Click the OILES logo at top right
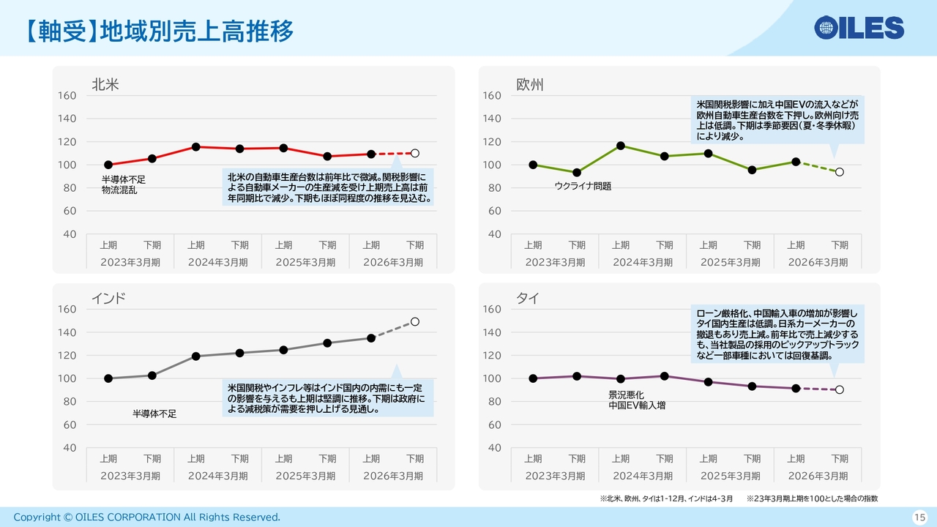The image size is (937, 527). pos(859,28)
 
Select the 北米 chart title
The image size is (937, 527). pos(105,85)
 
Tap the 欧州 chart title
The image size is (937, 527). pos(530,85)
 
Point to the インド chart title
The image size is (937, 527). pos(108,298)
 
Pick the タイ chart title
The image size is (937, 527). pos(527,298)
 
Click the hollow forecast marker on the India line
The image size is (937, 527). pos(415,321)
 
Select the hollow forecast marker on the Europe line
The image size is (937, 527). pos(840,172)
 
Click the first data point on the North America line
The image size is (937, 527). pos(108,165)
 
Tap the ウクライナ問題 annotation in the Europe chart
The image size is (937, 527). pos(583,187)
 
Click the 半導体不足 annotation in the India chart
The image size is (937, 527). pos(154,414)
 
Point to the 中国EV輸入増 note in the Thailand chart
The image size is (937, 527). pos(637,405)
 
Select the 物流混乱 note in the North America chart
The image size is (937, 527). pos(119,190)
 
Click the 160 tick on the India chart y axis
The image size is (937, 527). pos(67,310)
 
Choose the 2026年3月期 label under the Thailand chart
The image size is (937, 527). pos(818,476)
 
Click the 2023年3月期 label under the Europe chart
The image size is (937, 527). pos(555,262)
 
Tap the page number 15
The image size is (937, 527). pos(919,517)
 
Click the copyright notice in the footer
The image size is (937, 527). pos(146,517)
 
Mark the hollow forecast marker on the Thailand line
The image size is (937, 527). pos(840,389)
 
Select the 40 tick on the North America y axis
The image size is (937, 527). pos(70,234)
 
